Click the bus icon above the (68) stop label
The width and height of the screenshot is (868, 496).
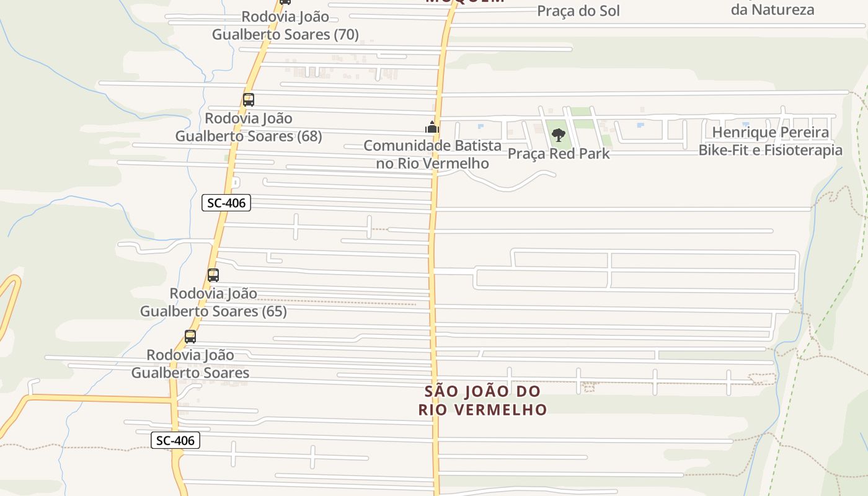coord(249,99)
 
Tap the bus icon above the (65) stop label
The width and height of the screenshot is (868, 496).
coord(213,275)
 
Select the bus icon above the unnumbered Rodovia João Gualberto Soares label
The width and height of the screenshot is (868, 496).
coord(190,337)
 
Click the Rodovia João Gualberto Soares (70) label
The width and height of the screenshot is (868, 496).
coord(285,25)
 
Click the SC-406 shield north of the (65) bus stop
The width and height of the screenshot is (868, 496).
coord(226,203)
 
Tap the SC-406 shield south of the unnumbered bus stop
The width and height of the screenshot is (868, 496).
coord(175,441)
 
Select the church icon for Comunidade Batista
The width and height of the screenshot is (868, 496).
coord(432,128)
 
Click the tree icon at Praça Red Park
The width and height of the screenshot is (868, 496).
coord(559,135)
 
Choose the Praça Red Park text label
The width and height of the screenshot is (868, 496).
coord(559,154)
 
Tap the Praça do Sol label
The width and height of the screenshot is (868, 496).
coord(578,11)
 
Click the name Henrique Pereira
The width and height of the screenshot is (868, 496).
coord(770,132)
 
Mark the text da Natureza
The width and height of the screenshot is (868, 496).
coord(772,9)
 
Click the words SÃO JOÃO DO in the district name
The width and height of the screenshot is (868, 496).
coord(482,391)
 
